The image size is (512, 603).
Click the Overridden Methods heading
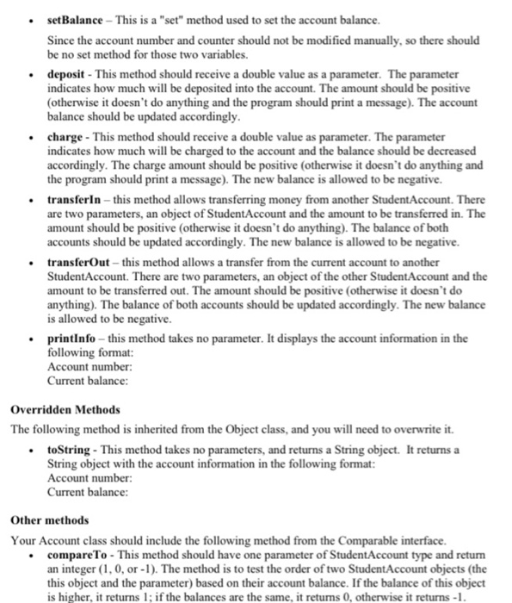(65, 409)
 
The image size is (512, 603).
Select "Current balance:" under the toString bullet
(87, 491)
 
